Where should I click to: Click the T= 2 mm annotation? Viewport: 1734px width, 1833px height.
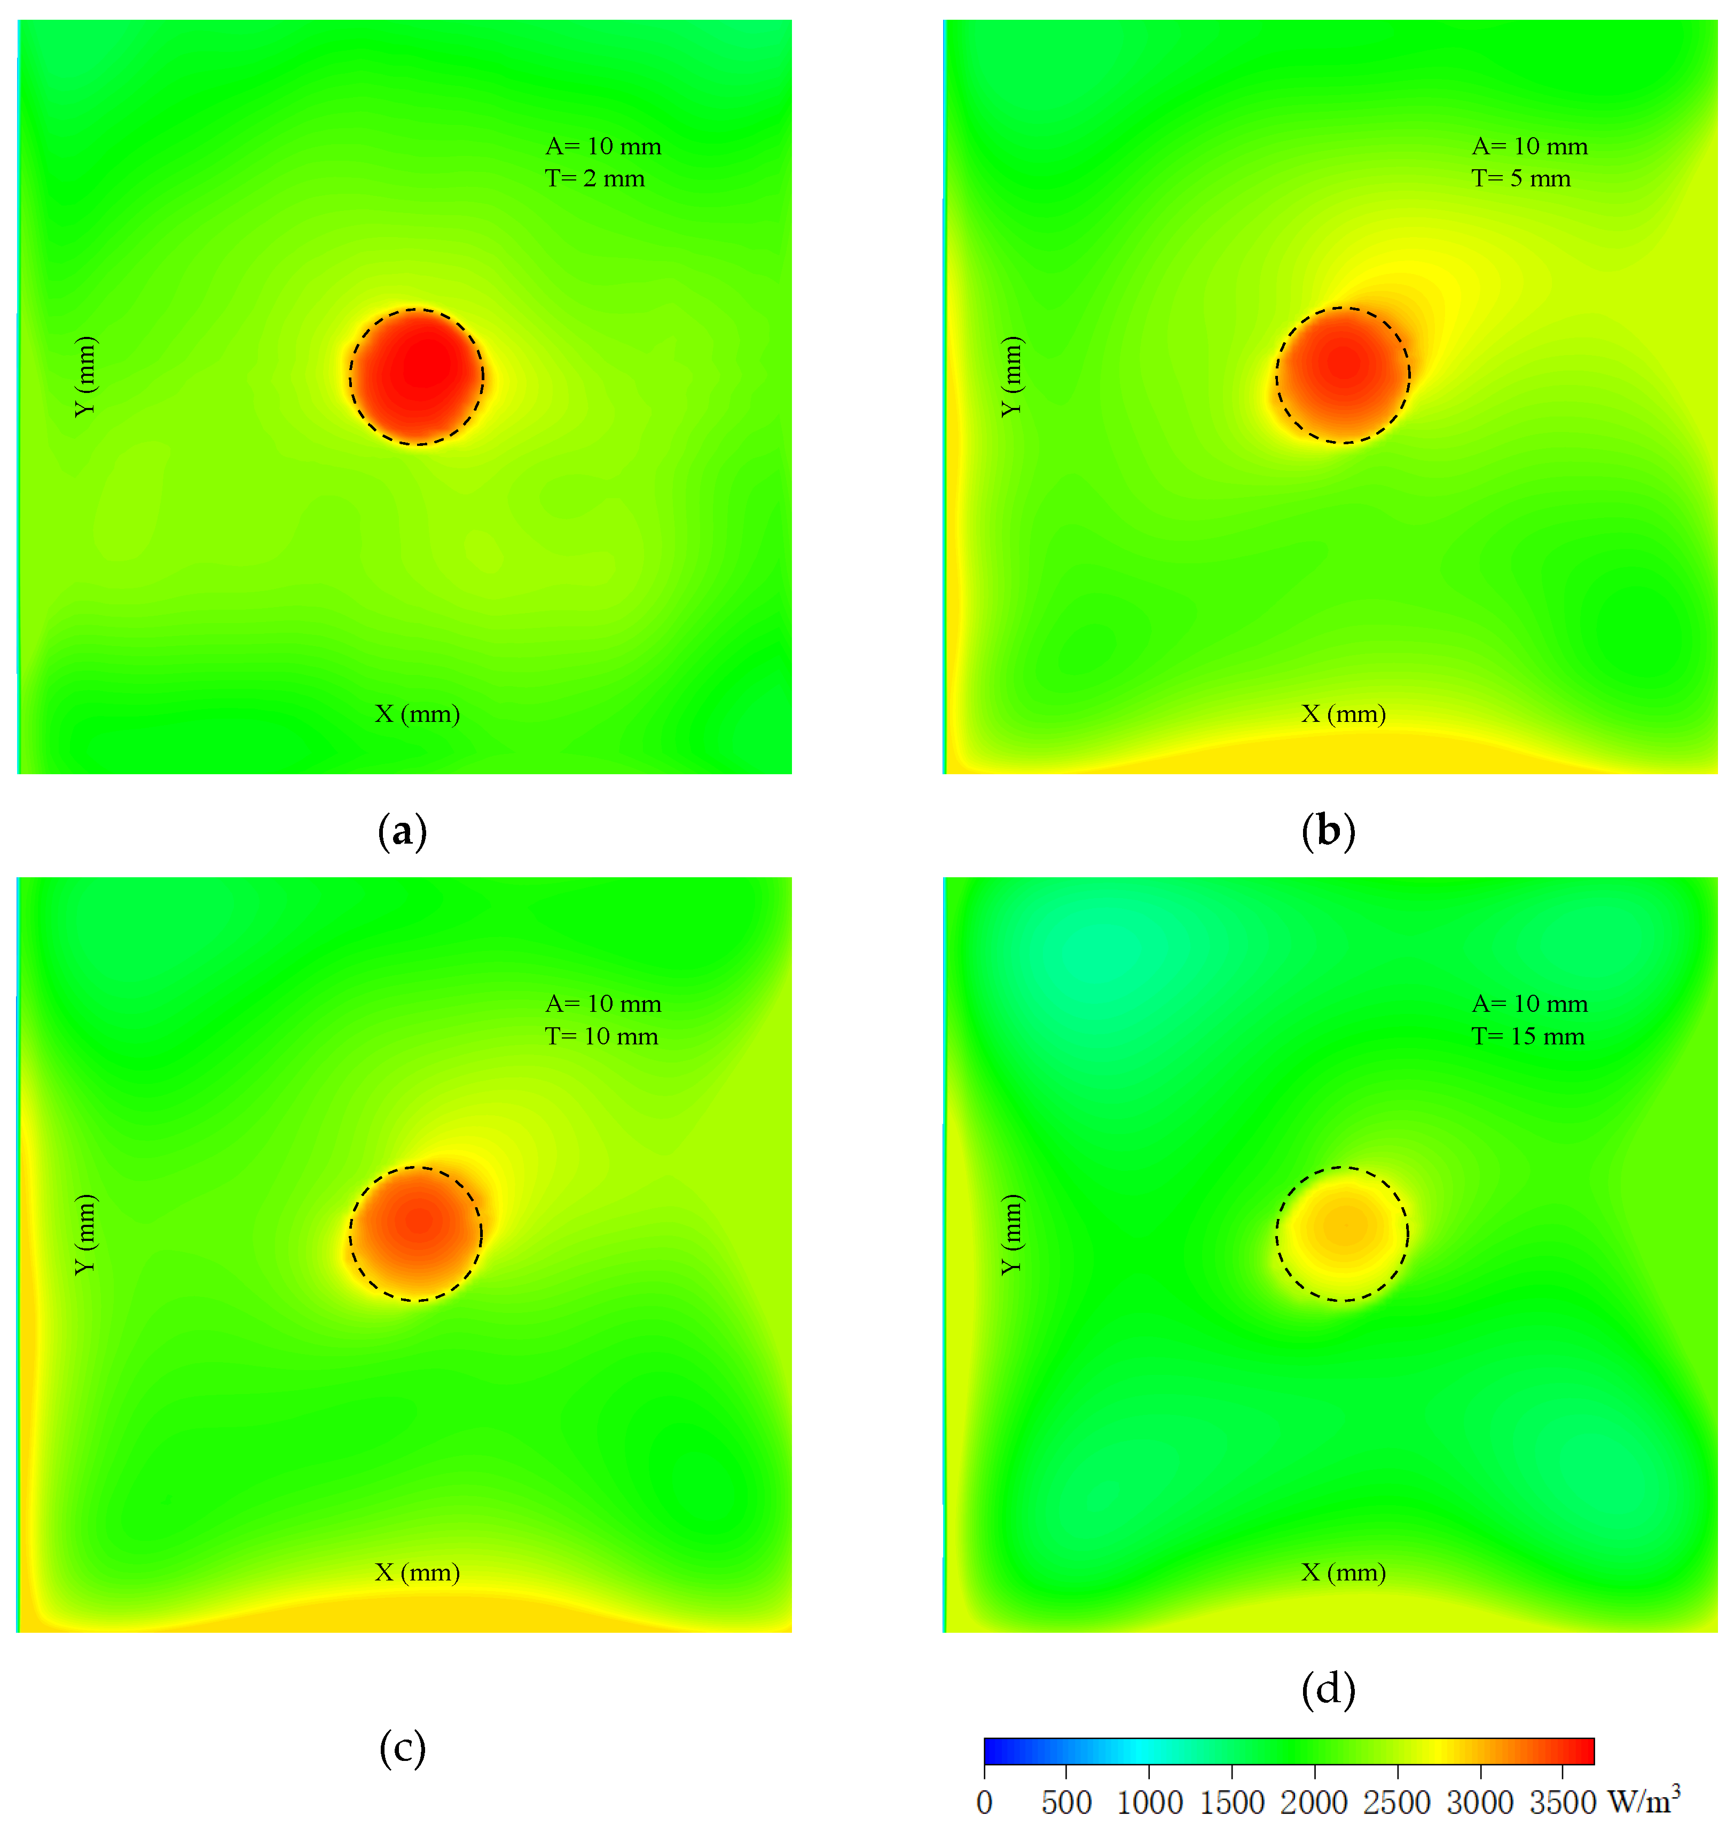pos(594,178)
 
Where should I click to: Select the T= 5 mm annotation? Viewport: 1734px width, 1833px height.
pos(1520,178)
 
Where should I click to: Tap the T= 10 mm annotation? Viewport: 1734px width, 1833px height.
pos(601,1036)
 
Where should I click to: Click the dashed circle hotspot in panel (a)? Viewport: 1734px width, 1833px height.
pos(417,376)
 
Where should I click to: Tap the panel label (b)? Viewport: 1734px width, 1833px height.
pos(1328,831)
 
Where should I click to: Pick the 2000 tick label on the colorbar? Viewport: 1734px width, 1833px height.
pos(1313,1803)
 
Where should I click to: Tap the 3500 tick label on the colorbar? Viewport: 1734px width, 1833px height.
pos(1562,1803)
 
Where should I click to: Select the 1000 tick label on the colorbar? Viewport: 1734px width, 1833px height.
pos(1149,1803)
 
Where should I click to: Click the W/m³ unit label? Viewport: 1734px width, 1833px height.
pos(1643,1800)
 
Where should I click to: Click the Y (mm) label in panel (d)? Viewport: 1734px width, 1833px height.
pos(1012,1234)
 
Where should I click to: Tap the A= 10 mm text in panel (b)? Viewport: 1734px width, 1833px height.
pos(1529,146)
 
